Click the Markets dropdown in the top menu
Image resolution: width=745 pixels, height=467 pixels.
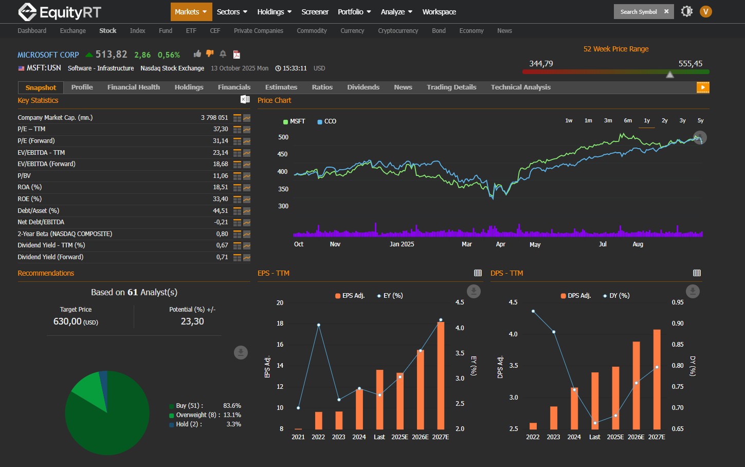(190, 12)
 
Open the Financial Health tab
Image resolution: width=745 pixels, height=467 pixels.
(133, 87)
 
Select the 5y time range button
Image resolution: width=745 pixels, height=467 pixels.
(700, 120)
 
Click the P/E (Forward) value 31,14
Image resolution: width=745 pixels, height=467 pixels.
(220, 141)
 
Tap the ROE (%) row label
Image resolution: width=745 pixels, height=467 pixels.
(30, 199)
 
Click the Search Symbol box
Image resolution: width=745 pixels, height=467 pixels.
(638, 12)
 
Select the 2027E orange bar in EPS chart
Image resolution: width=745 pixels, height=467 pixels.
(441, 375)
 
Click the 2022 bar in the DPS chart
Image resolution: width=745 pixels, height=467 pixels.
(533, 426)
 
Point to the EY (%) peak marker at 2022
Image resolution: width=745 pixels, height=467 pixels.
(319, 325)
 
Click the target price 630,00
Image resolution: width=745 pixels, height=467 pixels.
(68, 321)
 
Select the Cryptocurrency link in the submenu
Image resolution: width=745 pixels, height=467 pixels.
(397, 31)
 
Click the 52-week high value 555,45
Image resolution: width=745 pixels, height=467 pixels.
(690, 64)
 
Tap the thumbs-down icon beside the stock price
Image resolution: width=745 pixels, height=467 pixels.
(210, 53)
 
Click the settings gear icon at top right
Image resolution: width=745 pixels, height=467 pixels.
(686, 11)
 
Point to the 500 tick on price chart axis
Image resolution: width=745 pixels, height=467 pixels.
(283, 137)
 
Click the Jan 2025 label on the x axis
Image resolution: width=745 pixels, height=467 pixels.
(402, 244)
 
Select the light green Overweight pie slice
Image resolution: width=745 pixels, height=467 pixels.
(87, 388)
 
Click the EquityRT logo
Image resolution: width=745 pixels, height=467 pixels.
(59, 12)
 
